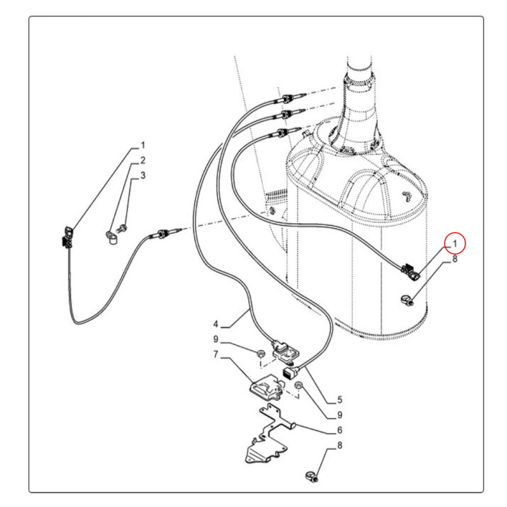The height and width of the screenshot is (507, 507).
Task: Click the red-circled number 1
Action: click(455, 243)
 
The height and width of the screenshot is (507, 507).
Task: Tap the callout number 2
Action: click(142, 160)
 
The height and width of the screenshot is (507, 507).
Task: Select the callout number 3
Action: click(143, 176)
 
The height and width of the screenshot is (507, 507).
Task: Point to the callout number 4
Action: click(216, 324)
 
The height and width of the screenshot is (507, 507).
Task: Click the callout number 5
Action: click(340, 400)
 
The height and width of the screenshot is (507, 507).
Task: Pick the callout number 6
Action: click(340, 430)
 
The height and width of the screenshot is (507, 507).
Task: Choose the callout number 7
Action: click(216, 354)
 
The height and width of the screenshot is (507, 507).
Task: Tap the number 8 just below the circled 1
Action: click(455, 259)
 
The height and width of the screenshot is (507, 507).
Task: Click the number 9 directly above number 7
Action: click(216, 339)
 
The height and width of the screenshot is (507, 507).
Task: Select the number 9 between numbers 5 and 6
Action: click(340, 415)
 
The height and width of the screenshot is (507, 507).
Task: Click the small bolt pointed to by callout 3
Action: click(122, 229)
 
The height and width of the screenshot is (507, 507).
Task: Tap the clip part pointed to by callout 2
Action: click(112, 238)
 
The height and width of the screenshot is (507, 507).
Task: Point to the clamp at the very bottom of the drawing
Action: click(312, 477)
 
